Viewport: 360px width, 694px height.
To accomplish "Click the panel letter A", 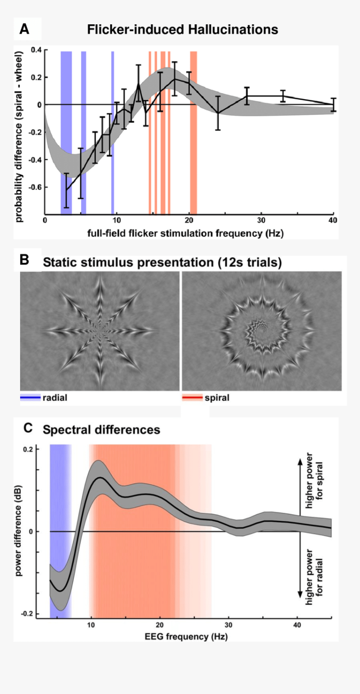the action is [x=24, y=29].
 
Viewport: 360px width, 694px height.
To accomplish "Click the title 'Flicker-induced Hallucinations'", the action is [x=183, y=30].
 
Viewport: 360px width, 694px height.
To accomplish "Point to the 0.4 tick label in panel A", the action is [x=36, y=50].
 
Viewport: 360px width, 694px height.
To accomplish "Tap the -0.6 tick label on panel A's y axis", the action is [x=35, y=187].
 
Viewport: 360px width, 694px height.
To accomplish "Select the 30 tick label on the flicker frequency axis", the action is [x=261, y=220].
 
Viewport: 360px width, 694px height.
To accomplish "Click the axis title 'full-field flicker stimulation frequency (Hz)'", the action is [x=185, y=233].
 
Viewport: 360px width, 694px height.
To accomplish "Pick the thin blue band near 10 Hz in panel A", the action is [x=113, y=133].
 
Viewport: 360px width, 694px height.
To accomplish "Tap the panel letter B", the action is [x=24, y=260].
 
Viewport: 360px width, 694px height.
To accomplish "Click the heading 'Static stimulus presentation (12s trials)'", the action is [x=162, y=262].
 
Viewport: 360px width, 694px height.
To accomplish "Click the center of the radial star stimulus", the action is [x=100, y=331].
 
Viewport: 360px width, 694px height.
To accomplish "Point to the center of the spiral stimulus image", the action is [x=262, y=331].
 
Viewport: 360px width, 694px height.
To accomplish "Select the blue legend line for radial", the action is [x=31, y=397].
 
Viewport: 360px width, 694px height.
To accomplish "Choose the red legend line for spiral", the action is [x=192, y=397].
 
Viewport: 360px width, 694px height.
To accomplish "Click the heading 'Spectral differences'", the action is [x=101, y=430].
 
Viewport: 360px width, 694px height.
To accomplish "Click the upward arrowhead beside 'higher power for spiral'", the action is [x=300, y=461].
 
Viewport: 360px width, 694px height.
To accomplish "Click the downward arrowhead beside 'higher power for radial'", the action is [x=300, y=594].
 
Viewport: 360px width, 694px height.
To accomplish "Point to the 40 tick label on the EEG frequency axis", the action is [x=297, y=625].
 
